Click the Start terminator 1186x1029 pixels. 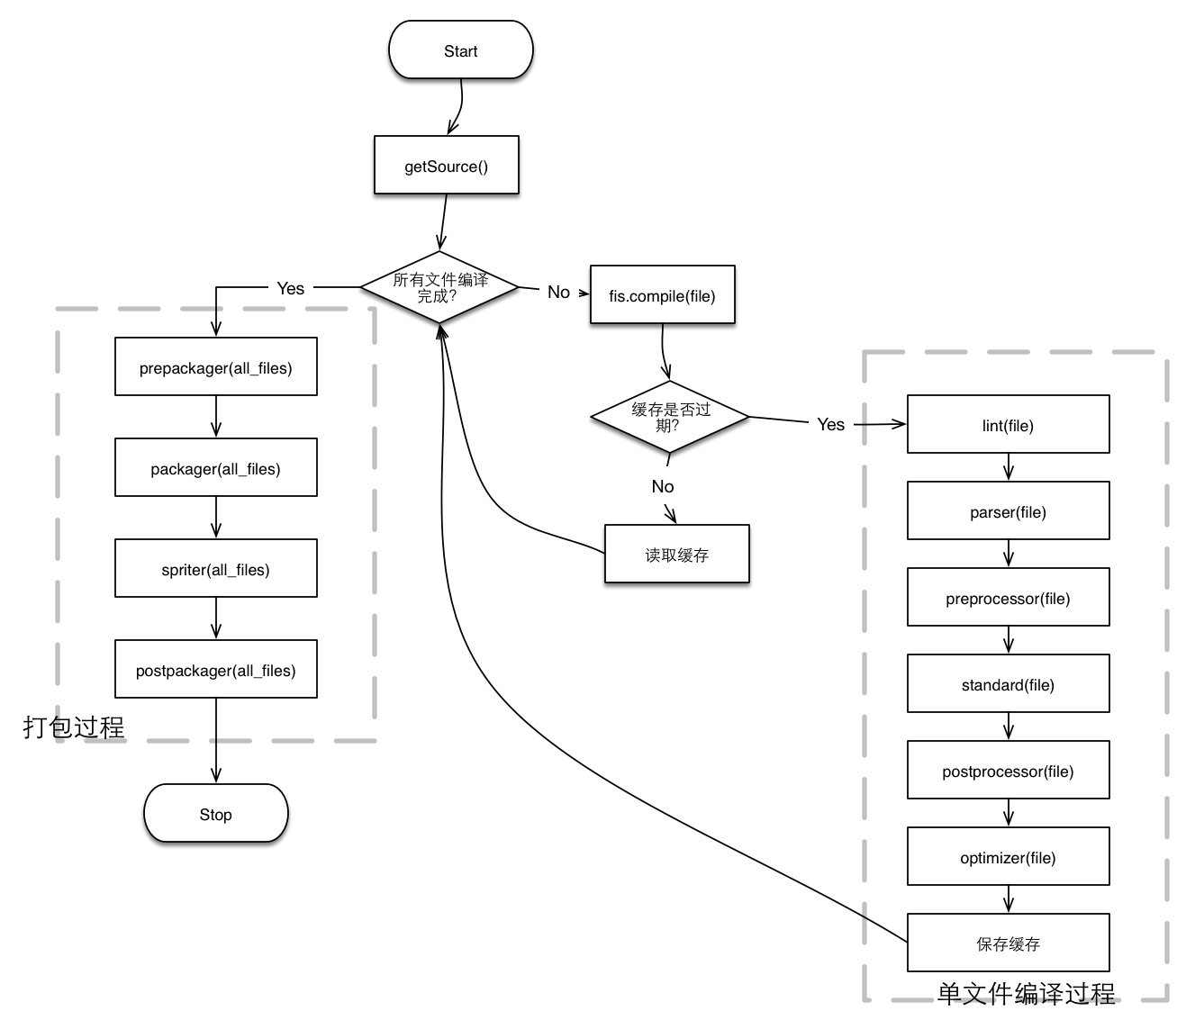coord(460,50)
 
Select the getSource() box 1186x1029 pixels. coord(446,165)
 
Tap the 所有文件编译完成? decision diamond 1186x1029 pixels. coord(439,287)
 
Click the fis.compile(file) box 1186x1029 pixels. coord(662,294)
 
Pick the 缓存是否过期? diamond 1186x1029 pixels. coord(670,417)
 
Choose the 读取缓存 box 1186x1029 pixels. coord(676,554)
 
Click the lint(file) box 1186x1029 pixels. coord(1008,424)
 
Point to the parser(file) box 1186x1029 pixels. coord(1008,510)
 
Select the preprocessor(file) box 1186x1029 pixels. coord(1008,597)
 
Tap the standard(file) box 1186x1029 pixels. coord(1008,683)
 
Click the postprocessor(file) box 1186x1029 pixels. coord(1008,770)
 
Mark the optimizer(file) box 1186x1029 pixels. coord(1008,856)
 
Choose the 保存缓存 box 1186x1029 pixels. coord(1008,943)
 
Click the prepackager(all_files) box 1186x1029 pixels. coord(215,366)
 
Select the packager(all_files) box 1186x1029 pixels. coord(215,467)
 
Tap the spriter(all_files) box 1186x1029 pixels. coord(215,568)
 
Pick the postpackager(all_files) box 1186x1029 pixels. coord(215,669)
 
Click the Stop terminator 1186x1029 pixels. coord(215,813)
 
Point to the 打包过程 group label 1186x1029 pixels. coord(74,727)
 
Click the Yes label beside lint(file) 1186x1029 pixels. coord(830,424)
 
